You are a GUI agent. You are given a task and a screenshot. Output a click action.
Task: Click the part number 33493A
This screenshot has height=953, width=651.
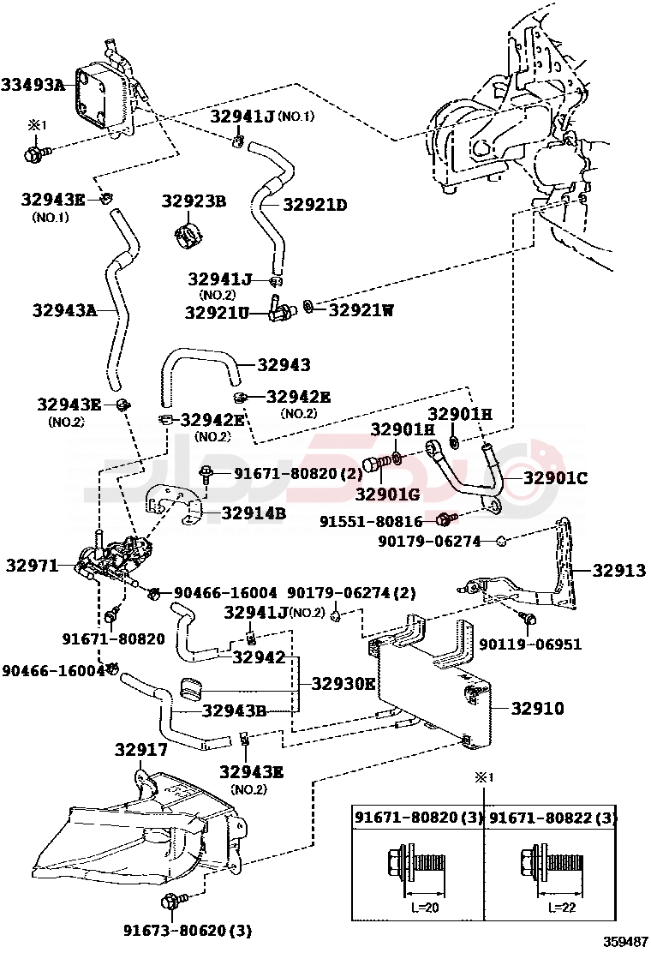click(x=33, y=84)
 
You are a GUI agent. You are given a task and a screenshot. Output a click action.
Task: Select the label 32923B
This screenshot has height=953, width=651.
click(x=194, y=201)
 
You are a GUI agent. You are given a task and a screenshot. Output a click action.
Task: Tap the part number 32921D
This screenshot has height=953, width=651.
click(x=315, y=205)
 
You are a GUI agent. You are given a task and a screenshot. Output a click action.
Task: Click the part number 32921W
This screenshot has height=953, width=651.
click(x=361, y=310)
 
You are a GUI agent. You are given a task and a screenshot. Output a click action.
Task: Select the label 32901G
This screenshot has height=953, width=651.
click(x=386, y=494)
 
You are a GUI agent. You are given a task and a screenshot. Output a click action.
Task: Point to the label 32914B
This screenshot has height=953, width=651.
click(x=254, y=513)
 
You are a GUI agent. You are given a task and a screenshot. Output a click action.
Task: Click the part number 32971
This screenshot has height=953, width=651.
click(x=31, y=566)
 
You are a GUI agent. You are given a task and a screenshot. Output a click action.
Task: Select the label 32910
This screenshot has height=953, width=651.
click(x=537, y=709)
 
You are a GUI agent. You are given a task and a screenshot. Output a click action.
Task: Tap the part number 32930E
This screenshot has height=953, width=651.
click(x=343, y=683)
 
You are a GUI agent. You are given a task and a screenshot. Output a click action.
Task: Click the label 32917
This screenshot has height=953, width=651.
click(x=141, y=751)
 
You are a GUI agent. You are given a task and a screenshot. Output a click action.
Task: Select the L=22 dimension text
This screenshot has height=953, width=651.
click(x=558, y=908)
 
